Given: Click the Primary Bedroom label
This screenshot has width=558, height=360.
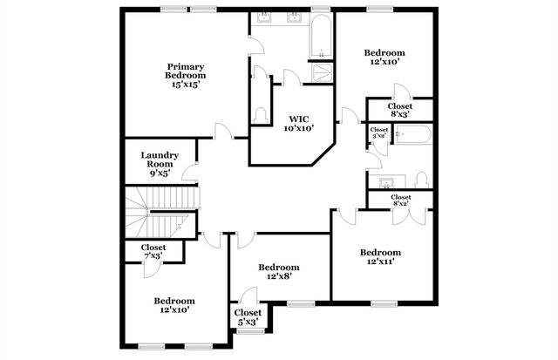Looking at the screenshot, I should click(186, 75).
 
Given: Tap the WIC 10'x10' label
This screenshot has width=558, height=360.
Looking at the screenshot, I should click(298, 124).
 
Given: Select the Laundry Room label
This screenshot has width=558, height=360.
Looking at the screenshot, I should click(160, 164).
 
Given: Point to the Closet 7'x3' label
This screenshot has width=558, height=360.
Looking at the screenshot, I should click(160, 251).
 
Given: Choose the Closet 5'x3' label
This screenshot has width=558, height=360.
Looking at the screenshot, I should click(248, 317).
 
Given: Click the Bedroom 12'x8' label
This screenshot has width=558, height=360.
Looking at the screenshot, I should click(279, 271).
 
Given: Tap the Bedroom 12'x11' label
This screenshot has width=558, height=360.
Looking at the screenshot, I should click(384, 257).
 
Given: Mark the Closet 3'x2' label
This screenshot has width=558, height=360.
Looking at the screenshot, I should click(379, 132).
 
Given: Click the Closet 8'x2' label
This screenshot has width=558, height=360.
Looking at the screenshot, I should click(401, 200).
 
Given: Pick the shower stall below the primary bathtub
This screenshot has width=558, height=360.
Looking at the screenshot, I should click(321, 72).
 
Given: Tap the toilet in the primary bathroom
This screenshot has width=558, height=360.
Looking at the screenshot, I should click(261, 114).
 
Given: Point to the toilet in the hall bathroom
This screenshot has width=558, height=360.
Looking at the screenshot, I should click(422, 180).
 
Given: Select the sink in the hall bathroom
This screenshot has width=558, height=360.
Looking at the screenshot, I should click(385, 180).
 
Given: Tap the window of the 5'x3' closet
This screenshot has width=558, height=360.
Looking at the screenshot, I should click(247, 331).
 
